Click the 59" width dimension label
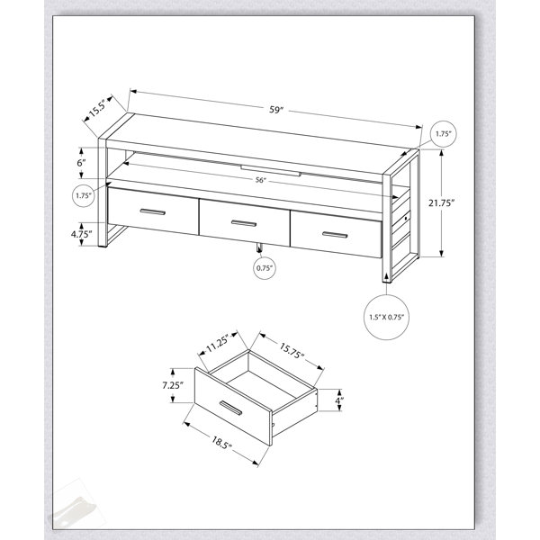[x=276, y=110]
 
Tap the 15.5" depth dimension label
[x=97, y=108]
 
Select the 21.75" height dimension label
[x=439, y=203]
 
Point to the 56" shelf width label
[x=261, y=180]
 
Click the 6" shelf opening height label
[x=81, y=163]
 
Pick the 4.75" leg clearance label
[x=81, y=235]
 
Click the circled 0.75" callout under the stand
[x=265, y=267]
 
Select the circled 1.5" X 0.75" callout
[x=386, y=317]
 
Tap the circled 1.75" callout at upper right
[x=444, y=134]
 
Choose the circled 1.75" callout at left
[x=84, y=195]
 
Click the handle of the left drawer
[x=153, y=212]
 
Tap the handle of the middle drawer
[x=244, y=223]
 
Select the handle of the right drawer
[x=335, y=235]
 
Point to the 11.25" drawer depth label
[x=218, y=346]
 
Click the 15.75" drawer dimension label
[x=292, y=351]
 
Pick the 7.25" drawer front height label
[x=173, y=385]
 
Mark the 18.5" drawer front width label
[x=221, y=443]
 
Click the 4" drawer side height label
[x=339, y=400]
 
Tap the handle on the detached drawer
[x=230, y=409]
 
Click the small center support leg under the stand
[x=259, y=249]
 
